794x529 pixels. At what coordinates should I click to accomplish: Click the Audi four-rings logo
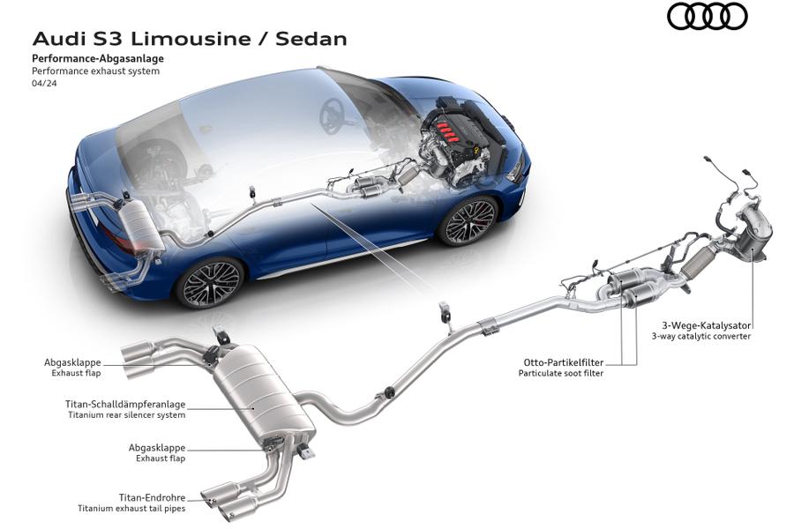[x=707, y=17]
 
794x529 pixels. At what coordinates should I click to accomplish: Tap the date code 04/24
[x=43, y=85]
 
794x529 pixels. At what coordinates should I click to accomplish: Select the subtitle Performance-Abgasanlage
[x=97, y=58]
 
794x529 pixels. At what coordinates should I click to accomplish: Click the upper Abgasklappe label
[x=72, y=361]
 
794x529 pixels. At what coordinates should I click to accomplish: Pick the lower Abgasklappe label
[x=157, y=447]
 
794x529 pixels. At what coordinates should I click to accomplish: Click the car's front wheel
[x=468, y=221]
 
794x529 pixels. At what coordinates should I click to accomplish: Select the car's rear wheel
[x=209, y=282]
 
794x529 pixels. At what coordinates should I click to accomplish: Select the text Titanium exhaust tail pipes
[x=131, y=509]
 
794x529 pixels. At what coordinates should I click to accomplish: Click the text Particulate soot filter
[x=561, y=373]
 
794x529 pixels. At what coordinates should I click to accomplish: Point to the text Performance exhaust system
[x=95, y=71]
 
